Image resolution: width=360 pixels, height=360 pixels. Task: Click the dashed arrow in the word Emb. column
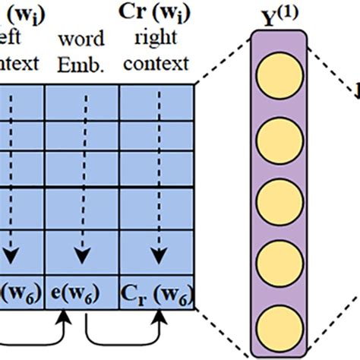pos(79,182)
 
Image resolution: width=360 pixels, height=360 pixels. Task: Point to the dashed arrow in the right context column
pos(156,182)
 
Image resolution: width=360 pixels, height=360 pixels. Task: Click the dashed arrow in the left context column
pos(10,182)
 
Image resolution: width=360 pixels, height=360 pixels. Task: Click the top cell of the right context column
pos(156,99)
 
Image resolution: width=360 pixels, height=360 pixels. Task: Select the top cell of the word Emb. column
pos(82,99)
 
